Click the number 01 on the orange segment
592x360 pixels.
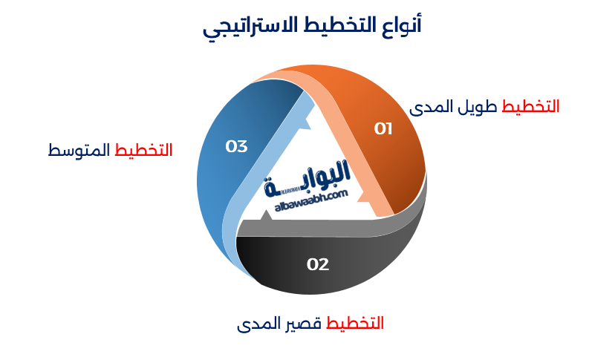383,129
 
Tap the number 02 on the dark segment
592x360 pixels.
318,264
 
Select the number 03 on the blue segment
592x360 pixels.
236,146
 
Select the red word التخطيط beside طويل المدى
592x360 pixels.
531,106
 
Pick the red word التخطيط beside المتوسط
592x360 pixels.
144,150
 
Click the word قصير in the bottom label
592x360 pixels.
303,324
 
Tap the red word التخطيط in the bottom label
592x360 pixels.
356,324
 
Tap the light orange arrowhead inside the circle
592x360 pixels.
363,198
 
